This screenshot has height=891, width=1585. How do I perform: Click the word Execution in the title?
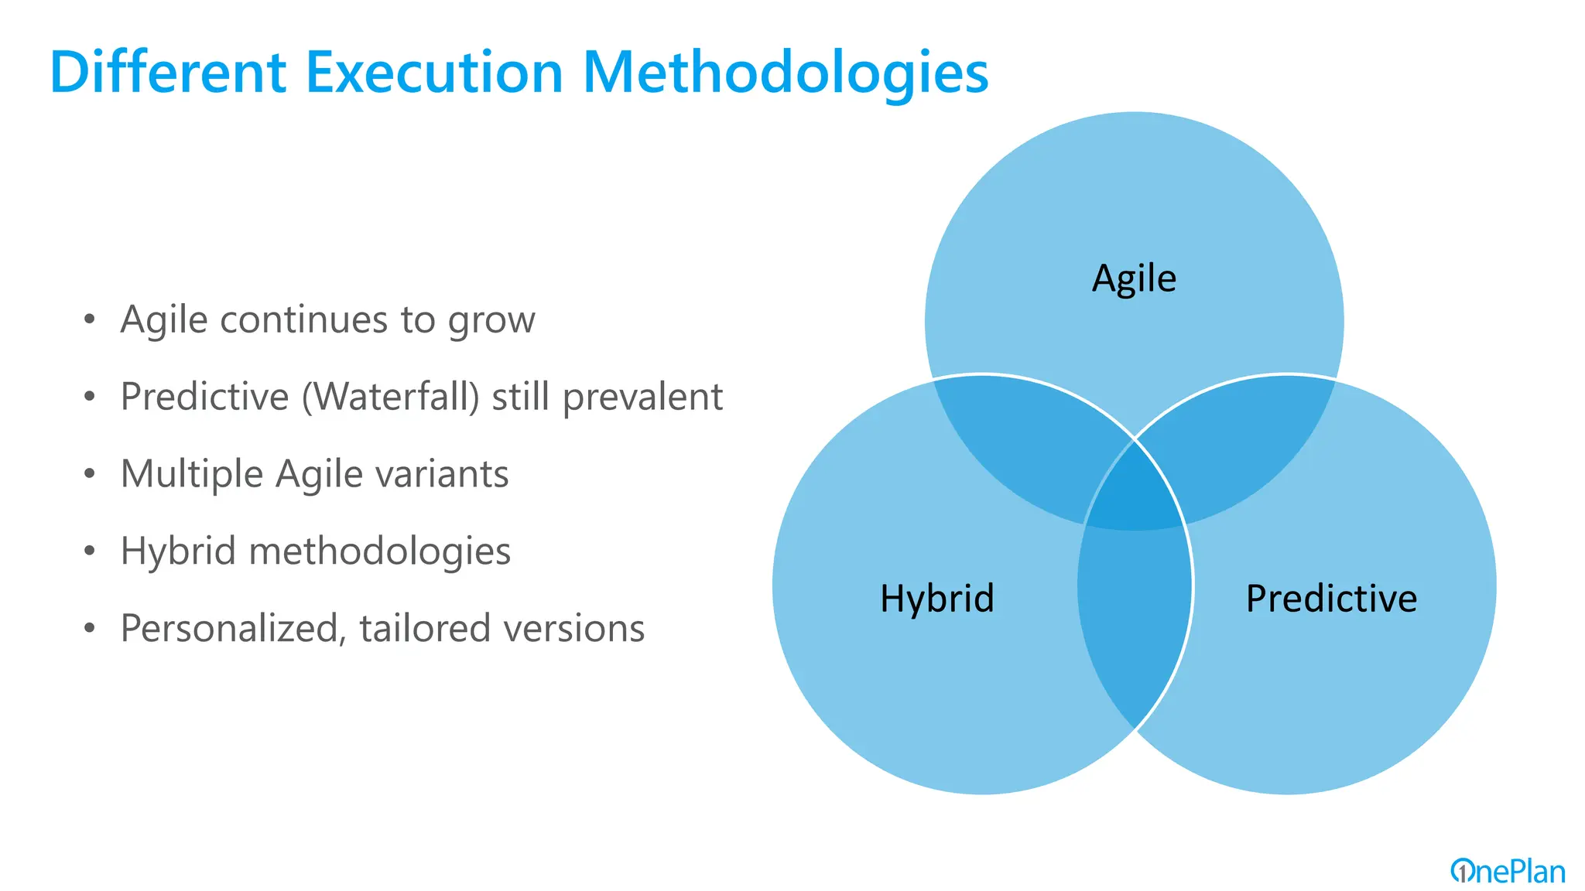point(434,73)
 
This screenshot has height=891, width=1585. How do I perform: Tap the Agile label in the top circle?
point(1134,278)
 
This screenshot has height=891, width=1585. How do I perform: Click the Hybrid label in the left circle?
point(936,598)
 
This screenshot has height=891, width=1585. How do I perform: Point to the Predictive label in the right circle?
point(1331,598)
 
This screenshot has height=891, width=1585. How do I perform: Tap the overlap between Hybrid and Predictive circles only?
point(1135,619)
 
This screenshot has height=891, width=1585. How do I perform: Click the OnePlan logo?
point(1507,872)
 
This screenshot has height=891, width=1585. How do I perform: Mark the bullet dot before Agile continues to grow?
point(90,319)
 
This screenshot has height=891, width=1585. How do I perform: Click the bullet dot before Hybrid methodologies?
point(90,551)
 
